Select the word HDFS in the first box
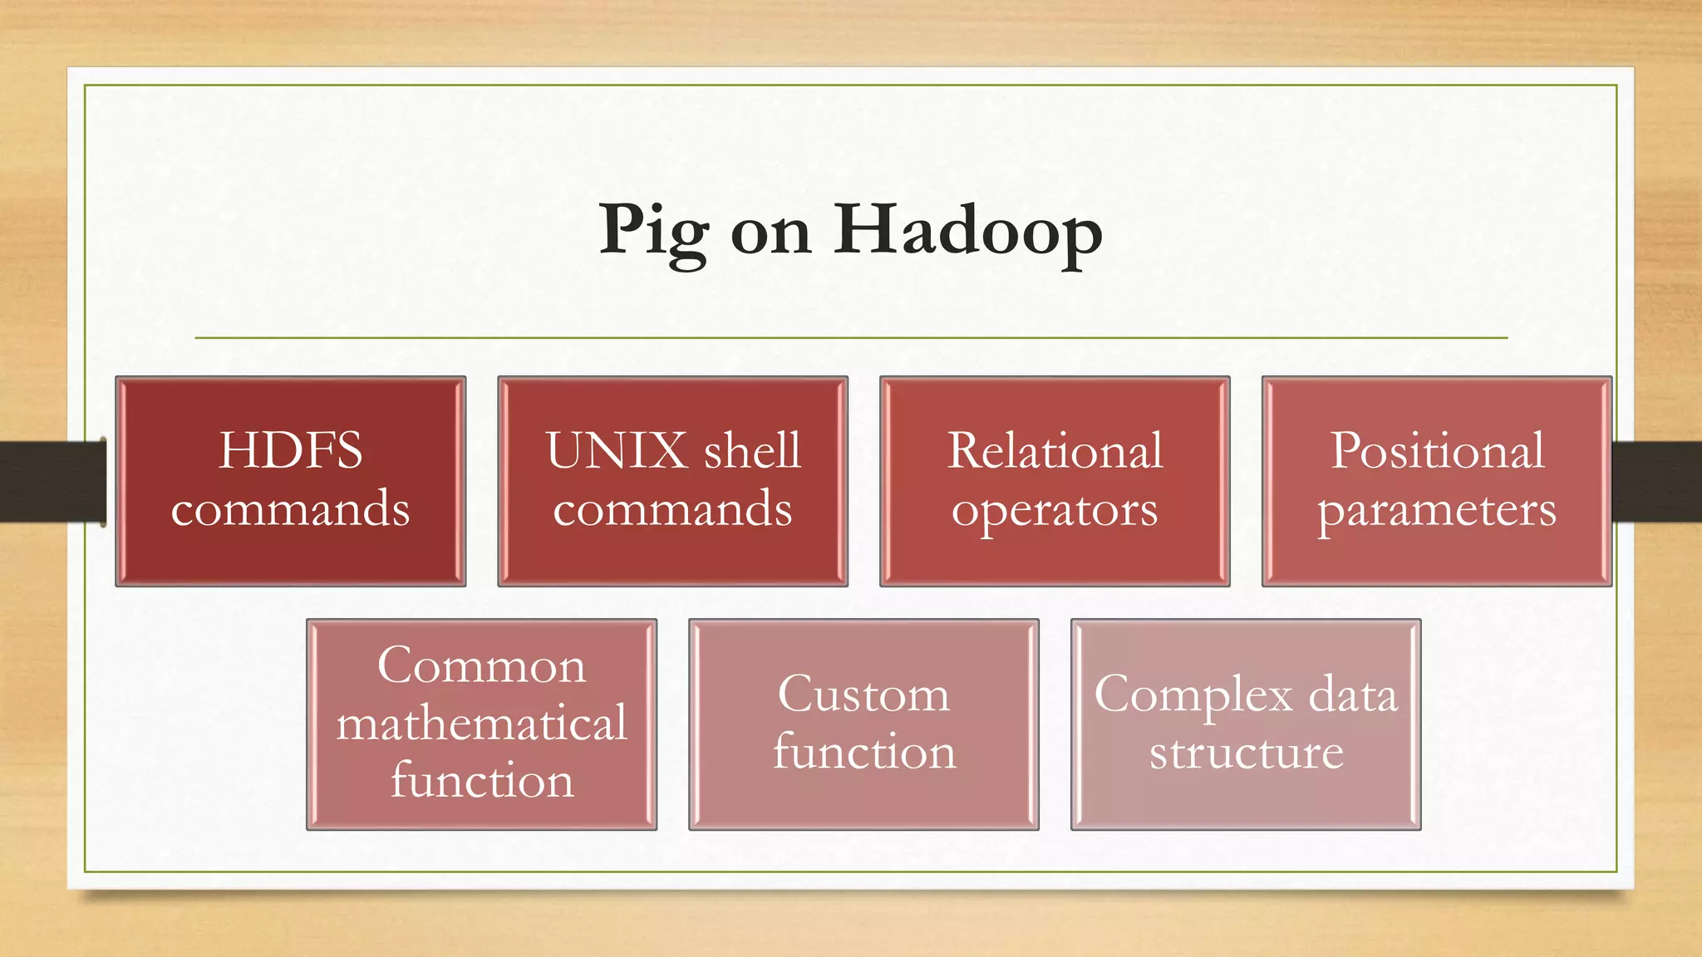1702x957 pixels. (290, 451)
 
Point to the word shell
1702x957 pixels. (752, 451)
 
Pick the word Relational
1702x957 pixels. (1055, 451)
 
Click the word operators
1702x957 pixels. (1055, 510)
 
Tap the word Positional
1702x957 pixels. (1437, 451)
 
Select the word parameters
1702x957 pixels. (1437, 510)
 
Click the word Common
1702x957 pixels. (481, 665)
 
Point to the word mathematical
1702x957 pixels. (481, 723)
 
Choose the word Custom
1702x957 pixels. (863, 694)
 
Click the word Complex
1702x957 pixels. (1193, 694)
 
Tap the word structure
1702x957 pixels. (1246, 753)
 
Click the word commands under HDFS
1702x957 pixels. (290, 508)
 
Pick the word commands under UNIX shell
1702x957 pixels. (672, 508)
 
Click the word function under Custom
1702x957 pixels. (863, 752)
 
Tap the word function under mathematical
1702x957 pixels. (481, 781)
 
